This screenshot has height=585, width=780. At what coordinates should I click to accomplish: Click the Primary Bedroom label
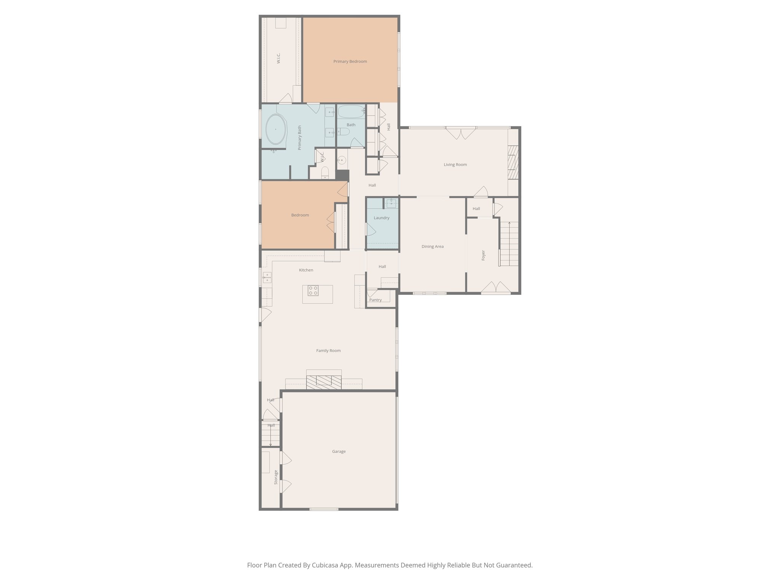tap(350, 61)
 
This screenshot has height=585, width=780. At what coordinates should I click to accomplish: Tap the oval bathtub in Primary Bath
tap(275, 129)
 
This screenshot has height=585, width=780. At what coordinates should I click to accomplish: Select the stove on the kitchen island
tap(313, 291)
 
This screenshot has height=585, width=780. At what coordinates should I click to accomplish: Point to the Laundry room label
tap(381, 218)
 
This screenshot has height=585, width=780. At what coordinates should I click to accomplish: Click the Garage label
tap(339, 451)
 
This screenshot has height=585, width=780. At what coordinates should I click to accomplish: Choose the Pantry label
tap(375, 300)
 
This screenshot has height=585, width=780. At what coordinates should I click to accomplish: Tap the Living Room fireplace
tap(513, 162)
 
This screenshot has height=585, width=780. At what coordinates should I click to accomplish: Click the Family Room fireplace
tap(324, 381)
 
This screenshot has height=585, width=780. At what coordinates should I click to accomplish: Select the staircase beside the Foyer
tap(509, 244)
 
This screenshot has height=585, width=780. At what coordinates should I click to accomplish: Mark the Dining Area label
tap(432, 246)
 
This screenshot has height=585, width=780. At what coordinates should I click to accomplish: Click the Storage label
tap(276, 477)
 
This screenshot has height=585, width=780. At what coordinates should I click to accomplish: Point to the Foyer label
tap(483, 255)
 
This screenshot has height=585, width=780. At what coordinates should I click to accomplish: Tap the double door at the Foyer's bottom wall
tap(495, 288)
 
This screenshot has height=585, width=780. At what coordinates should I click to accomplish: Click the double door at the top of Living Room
tap(461, 133)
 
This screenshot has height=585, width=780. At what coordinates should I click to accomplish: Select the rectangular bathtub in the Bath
tap(351, 112)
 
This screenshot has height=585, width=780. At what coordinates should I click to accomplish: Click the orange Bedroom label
tap(300, 215)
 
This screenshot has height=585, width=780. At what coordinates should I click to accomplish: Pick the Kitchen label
tap(306, 270)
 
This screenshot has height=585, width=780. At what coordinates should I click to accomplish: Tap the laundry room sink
tap(391, 203)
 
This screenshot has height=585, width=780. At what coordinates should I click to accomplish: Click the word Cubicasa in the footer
tap(326, 565)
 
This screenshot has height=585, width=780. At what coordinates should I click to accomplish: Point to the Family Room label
tap(328, 350)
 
